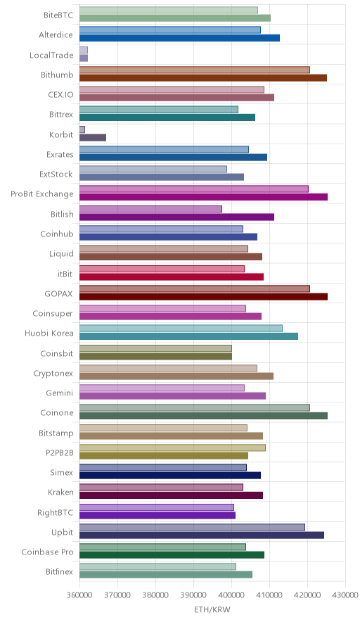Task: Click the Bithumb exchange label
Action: (57, 75)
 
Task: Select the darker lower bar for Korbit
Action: (93, 137)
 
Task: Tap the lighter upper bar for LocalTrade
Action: (84, 50)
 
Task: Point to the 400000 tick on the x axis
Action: (231, 595)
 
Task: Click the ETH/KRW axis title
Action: (212, 609)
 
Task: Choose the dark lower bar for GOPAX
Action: (204, 296)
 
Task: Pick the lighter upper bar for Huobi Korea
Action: (181, 328)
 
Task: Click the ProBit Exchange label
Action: (42, 194)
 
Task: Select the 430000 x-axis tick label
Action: (345, 595)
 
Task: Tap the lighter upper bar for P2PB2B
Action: (172, 448)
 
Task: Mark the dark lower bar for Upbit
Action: (202, 535)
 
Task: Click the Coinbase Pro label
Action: (47, 552)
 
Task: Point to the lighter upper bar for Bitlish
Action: (150, 209)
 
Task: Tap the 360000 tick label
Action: (79, 595)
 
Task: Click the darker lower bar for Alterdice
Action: (179, 38)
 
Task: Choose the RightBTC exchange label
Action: (55, 512)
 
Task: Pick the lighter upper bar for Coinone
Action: (195, 407)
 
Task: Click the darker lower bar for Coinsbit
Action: (156, 356)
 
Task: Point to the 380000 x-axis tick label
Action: (155, 595)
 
